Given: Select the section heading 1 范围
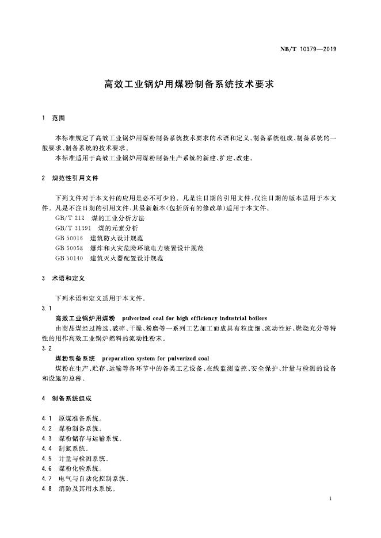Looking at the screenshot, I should pos(54,118).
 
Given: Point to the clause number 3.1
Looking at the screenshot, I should pos(47,308).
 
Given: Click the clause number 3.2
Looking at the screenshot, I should pos(47,348).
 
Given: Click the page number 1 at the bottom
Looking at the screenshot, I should pos(330,498).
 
